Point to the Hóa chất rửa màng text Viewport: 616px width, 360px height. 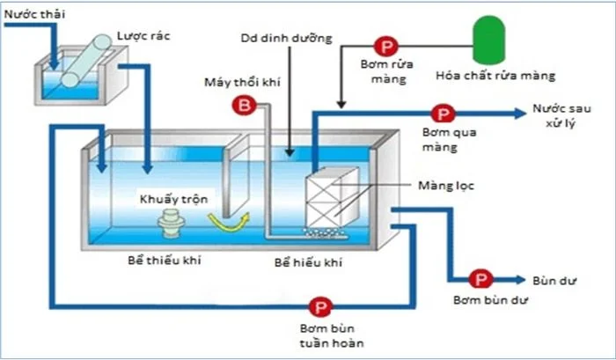(x=496, y=76)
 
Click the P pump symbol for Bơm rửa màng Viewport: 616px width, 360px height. (x=385, y=46)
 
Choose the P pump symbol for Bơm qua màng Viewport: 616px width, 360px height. (x=443, y=114)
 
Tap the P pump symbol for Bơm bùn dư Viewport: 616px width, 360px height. (x=480, y=280)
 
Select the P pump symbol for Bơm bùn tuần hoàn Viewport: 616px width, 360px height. (x=319, y=307)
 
